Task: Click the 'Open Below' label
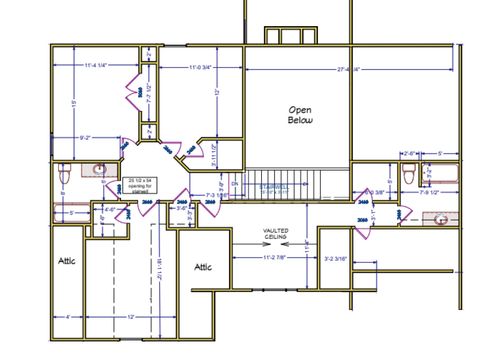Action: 301,114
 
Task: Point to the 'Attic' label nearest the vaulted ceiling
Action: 203,267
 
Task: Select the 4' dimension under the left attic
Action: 67,317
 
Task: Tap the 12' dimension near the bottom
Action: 130,317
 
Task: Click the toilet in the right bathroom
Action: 407,174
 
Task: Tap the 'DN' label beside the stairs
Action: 234,184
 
